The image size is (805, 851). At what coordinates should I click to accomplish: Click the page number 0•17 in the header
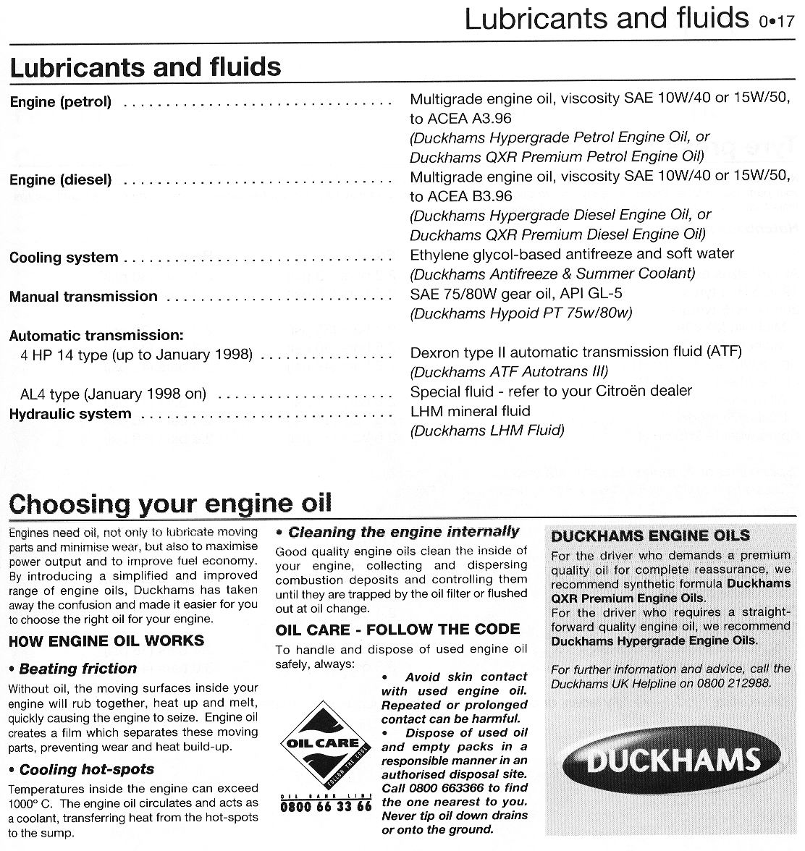pyautogui.click(x=777, y=21)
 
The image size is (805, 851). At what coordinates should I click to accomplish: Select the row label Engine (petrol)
pyautogui.click(x=61, y=102)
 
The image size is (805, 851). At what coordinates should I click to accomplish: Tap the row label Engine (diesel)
pyautogui.click(x=61, y=180)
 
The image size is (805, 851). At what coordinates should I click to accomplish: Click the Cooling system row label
pyautogui.click(x=64, y=258)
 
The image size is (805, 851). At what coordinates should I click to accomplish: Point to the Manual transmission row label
pyautogui.click(x=83, y=297)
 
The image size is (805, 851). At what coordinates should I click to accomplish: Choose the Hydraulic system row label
pyautogui.click(x=70, y=414)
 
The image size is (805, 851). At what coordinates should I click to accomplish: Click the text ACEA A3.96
pyautogui.click(x=468, y=118)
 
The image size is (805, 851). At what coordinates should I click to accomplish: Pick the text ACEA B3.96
pyautogui.click(x=468, y=196)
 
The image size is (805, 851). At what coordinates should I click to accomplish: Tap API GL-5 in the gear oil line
pyautogui.click(x=588, y=293)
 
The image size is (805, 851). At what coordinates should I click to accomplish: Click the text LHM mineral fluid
pyautogui.click(x=470, y=411)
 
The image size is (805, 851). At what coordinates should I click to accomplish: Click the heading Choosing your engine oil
pyautogui.click(x=170, y=503)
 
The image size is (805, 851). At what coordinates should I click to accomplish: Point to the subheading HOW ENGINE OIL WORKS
pyautogui.click(x=106, y=640)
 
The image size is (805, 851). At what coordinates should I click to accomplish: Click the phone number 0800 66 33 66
pyautogui.click(x=325, y=805)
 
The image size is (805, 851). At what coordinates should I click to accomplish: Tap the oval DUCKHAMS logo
pyautogui.click(x=672, y=761)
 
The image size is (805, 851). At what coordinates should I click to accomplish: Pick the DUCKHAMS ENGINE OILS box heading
pyautogui.click(x=650, y=536)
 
